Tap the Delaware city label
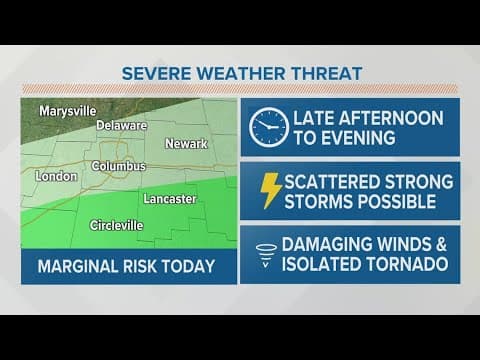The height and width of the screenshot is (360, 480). click(122, 126)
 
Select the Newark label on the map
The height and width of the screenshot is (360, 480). click(186, 144)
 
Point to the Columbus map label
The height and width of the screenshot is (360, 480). click(119, 165)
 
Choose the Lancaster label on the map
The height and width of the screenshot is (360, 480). click(169, 199)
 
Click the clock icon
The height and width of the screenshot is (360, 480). click(268, 127)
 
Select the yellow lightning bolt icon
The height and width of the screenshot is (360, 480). click(269, 190)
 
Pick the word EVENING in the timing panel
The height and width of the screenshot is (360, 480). click(368, 138)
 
